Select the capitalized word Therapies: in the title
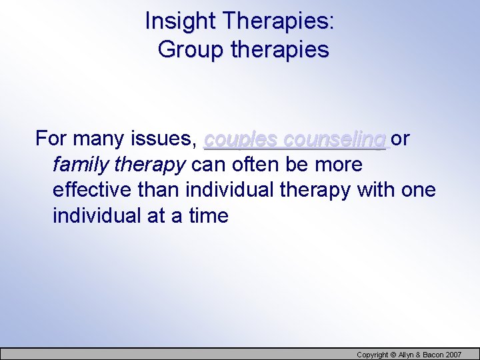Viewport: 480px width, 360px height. tap(279, 21)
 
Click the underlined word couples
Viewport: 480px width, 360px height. tap(241, 139)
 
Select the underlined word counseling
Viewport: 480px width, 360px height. tap(335, 139)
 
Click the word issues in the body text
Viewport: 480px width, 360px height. tap(166, 139)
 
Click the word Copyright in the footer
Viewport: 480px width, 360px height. tap(373, 354)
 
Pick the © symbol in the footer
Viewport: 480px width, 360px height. tap(393, 354)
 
